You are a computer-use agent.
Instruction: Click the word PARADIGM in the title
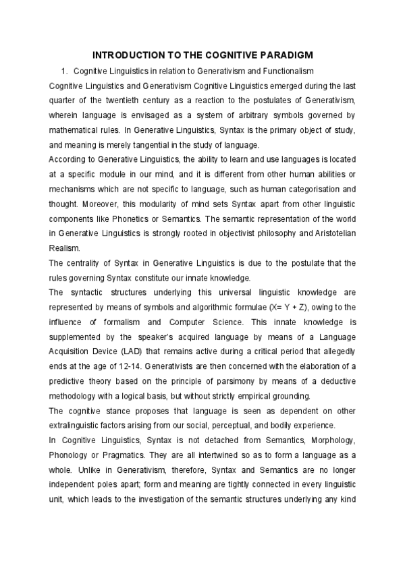click(x=282, y=54)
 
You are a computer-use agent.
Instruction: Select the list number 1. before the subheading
click(x=65, y=71)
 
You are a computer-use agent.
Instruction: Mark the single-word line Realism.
click(x=65, y=248)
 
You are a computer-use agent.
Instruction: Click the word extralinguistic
click(x=79, y=425)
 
